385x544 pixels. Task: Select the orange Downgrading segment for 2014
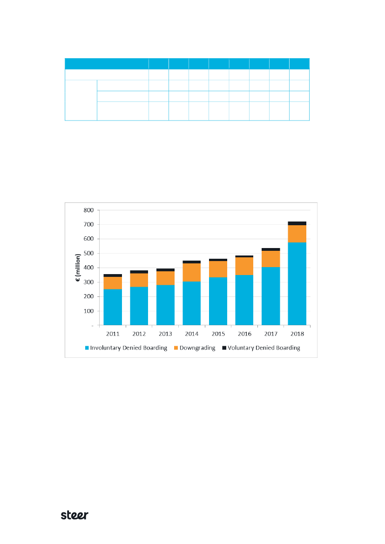click(x=192, y=272)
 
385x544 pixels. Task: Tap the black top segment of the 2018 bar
click(x=297, y=223)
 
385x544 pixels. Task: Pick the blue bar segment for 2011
click(x=113, y=307)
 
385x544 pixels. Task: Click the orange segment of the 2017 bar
click(x=270, y=259)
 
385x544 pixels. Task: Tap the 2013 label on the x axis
click(x=165, y=334)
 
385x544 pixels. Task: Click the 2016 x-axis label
click(x=244, y=334)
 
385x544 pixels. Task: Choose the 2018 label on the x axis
click(x=297, y=334)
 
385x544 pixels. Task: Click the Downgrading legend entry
click(x=196, y=348)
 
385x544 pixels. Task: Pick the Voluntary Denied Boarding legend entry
click(x=263, y=348)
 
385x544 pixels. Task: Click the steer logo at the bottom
click(x=75, y=515)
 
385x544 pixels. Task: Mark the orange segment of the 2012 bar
click(x=139, y=280)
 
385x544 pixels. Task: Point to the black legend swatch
click(x=224, y=348)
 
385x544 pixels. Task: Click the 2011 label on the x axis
click(x=113, y=334)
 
